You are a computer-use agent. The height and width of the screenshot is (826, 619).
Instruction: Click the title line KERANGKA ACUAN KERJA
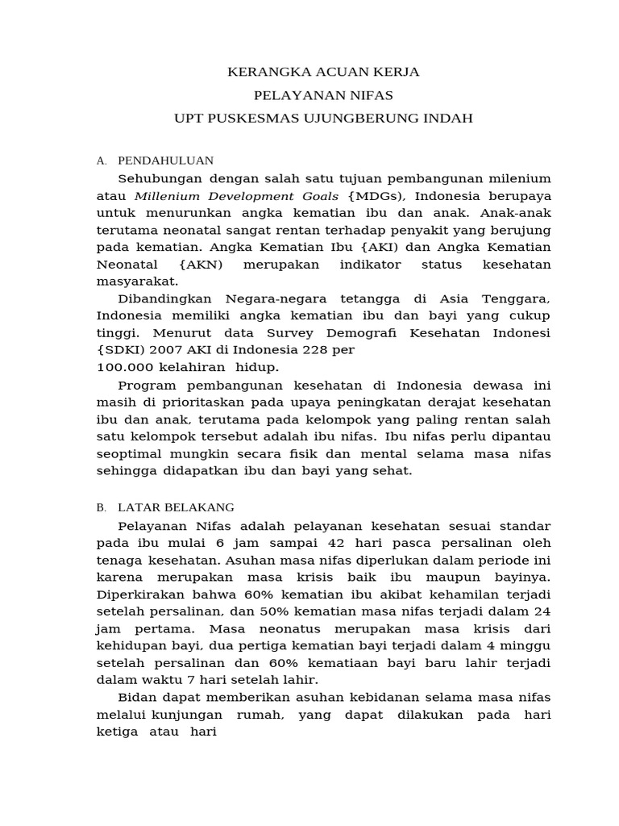pyautogui.click(x=323, y=72)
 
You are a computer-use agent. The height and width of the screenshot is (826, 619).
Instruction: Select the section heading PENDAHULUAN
pyautogui.click(x=165, y=161)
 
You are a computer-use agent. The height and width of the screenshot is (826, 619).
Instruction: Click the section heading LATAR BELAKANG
pyautogui.click(x=176, y=507)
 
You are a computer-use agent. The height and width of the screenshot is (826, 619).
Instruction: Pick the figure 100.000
pyautogui.click(x=125, y=367)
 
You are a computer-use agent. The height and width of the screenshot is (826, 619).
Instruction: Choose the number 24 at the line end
pyautogui.click(x=542, y=611)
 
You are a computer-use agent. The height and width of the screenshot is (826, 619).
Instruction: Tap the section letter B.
pyautogui.click(x=101, y=507)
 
